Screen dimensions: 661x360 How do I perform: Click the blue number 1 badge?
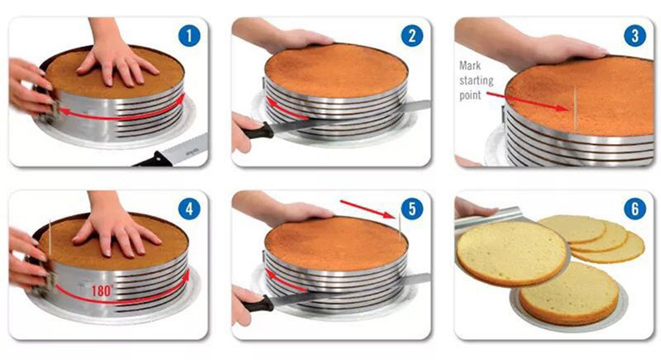[189, 36]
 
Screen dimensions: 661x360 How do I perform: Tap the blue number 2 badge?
[412, 36]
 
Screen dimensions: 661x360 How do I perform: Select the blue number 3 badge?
[634, 36]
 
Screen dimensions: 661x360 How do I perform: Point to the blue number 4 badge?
[189, 209]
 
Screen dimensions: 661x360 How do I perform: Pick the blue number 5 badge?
[412, 209]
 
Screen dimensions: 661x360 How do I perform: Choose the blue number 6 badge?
[634, 209]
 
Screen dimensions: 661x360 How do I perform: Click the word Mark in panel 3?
[470, 65]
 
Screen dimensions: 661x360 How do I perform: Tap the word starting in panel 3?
[476, 80]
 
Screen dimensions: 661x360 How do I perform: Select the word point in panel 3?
[470, 95]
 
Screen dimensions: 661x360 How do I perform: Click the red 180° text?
[102, 291]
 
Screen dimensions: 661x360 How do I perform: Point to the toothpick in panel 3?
[575, 108]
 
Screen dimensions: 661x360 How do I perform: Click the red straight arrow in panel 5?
[367, 209]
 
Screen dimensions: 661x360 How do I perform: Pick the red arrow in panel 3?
[528, 101]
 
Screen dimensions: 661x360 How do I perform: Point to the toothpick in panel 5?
[400, 227]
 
